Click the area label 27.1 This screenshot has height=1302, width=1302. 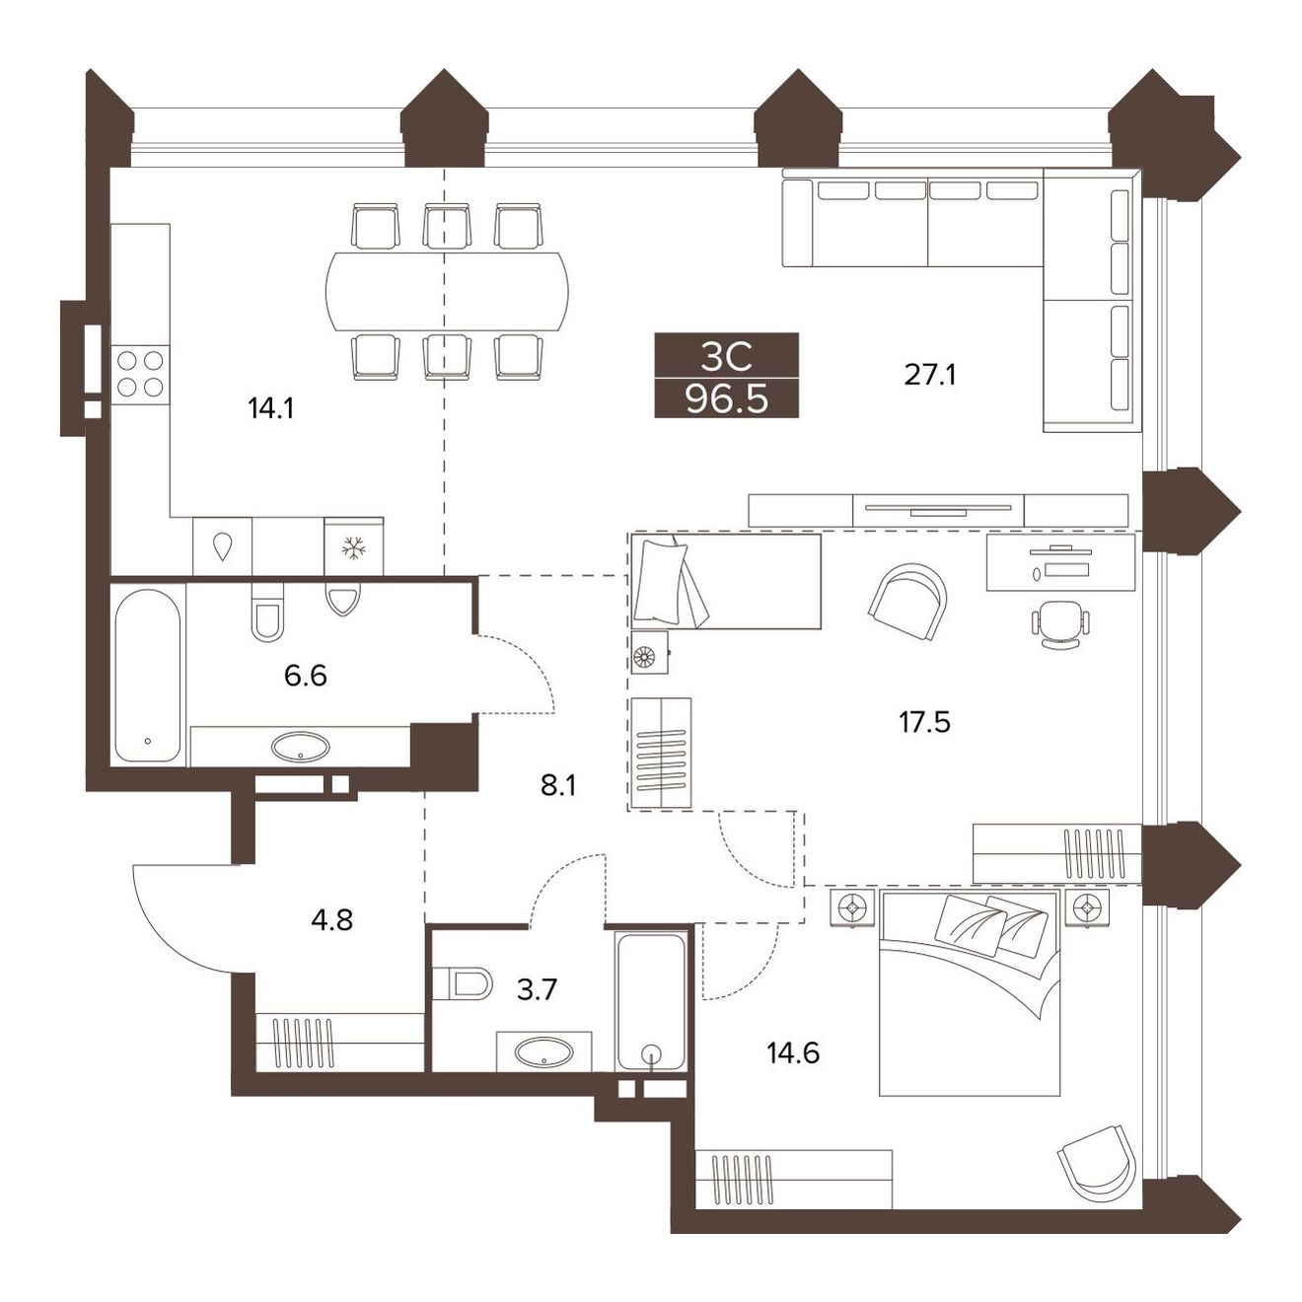(x=930, y=375)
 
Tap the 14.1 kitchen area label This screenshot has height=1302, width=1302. (x=271, y=408)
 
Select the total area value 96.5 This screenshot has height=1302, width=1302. (x=726, y=400)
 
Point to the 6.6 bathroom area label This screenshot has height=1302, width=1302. (x=306, y=675)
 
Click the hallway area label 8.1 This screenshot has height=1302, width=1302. (x=558, y=786)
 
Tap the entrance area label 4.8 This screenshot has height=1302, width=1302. (x=331, y=919)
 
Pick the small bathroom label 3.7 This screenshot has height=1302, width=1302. (x=537, y=990)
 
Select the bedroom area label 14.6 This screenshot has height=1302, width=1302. (x=793, y=1052)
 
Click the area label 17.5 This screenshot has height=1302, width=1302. (x=924, y=722)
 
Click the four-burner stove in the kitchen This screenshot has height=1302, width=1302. (x=140, y=374)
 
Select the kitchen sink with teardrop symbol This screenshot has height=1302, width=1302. (x=222, y=546)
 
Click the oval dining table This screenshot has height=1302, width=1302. (x=447, y=291)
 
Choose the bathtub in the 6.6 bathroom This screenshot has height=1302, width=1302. (x=148, y=675)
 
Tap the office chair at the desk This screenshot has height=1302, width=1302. (x=1060, y=623)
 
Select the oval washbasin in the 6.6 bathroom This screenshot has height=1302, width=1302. (x=301, y=746)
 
